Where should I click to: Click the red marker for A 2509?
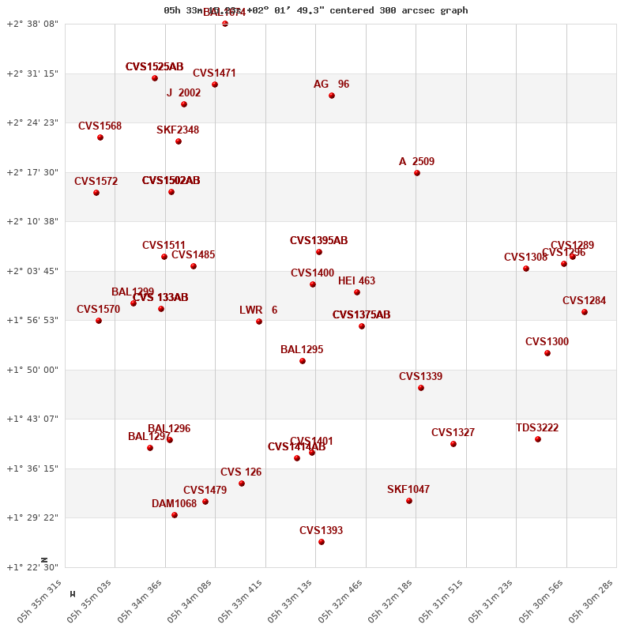pyautogui.click(x=417, y=173)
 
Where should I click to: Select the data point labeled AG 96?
pyautogui.click(x=332, y=96)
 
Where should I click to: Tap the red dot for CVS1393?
pyautogui.click(x=322, y=542)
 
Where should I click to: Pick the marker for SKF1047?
pyautogui.click(x=409, y=501)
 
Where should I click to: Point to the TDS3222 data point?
pyautogui.click(x=538, y=439)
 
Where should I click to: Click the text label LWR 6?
pyautogui.click(x=258, y=310)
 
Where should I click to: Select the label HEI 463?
pyautogui.click(x=356, y=281)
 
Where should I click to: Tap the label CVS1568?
pyautogui.click(x=100, y=126)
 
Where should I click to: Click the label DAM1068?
pyautogui.click(x=174, y=504)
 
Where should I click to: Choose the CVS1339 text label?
pyautogui.click(x=420, y=377)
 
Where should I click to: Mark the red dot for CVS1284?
pyautogui.click(x=585, y=312)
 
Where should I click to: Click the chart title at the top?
pyautogui.click(x=316, y=10)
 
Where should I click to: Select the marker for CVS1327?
pyautogui.click(x=453, y=444)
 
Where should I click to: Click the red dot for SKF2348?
pyautogui.click(x=179, y=141)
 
